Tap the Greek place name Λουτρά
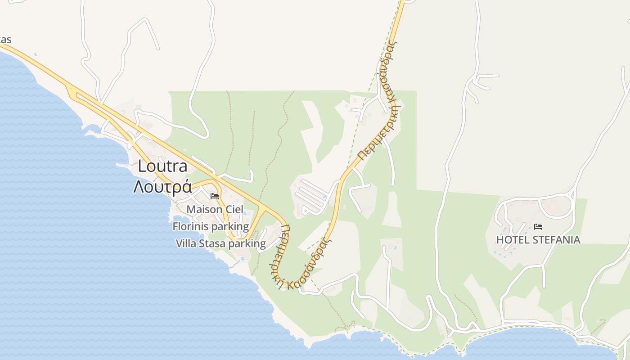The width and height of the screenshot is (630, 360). pos(162,186)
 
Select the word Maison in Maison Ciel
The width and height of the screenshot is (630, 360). pos(204,209)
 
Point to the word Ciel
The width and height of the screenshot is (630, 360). pos(234,209)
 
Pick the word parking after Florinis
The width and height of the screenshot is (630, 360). pos(230,226)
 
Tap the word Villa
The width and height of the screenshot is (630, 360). pos(185,243)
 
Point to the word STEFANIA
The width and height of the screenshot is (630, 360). pos(556,240)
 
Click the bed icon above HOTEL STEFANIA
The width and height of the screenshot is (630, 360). pos(538,227)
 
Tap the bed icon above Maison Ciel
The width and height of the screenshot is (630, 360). pos(215,196)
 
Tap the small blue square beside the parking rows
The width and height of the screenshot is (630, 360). pos(325,197)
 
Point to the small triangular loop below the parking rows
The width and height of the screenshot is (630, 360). pos(306,209)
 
